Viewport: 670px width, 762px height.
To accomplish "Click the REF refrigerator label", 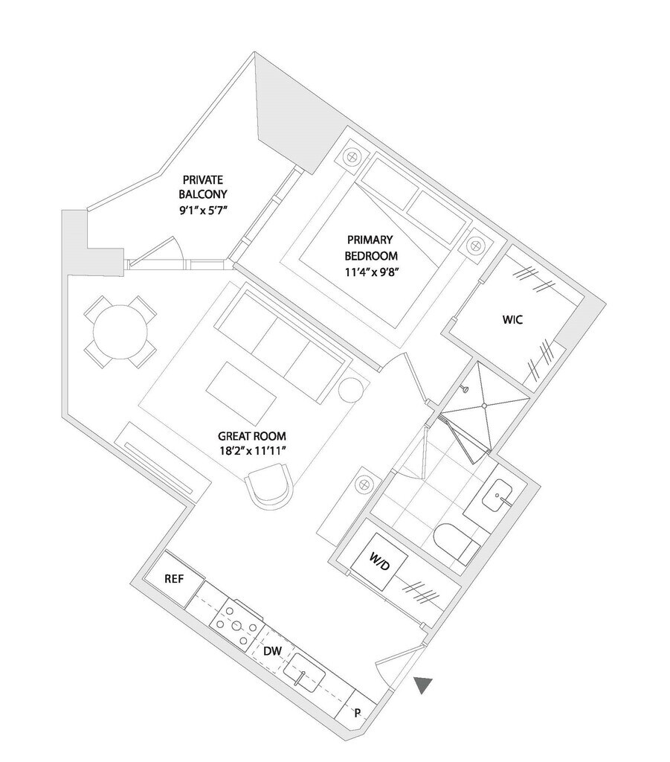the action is [x=174, y=579].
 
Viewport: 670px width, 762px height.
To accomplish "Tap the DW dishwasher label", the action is [x=272, y=651].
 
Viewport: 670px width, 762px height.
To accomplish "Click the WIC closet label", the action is [x=512, y=320].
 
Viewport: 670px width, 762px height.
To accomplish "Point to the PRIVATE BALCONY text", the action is [x=203, y=187].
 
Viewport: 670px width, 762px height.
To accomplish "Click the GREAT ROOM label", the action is [x=251, y=436].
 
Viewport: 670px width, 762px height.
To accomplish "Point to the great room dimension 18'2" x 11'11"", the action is [x=251, y=450].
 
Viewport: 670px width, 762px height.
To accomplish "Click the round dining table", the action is [x=120, y=331].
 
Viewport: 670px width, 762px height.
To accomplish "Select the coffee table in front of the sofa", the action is [x=241, y=394].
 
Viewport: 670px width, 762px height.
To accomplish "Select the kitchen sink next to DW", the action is [x=304, y=673].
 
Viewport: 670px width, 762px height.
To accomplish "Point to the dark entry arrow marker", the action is [x=423, y=685].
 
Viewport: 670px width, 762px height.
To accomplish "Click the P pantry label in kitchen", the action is [x=358, y=713].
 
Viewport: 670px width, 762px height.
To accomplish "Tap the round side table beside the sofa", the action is [x=350, y=389].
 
